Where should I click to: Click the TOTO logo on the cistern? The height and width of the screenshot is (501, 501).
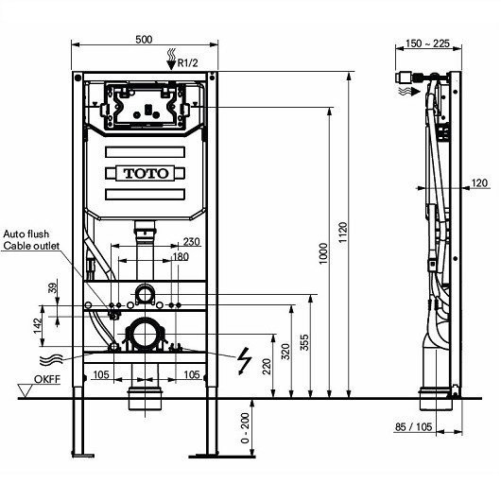pos(145,174)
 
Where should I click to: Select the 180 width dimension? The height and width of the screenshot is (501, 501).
pos(180,257)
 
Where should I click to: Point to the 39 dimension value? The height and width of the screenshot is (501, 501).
pos(53,287)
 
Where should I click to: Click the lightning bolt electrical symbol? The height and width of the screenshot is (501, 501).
pos(244,359)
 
